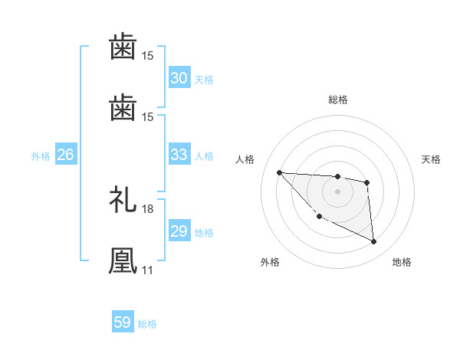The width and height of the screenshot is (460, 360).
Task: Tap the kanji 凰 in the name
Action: [x=123, y=260]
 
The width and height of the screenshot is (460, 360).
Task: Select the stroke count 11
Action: [x=146, y=270]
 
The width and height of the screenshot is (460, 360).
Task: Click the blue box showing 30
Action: [x=179, y=78]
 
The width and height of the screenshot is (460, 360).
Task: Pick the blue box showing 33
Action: [x=179, y=155]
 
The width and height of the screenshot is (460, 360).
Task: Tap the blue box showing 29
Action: [x=179, y=231]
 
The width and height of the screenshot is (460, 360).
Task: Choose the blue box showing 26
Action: [x=66, y=155]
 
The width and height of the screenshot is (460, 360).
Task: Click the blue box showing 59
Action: [x=123, y=322]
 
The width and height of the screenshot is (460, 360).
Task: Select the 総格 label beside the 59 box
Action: [x=148, y=324]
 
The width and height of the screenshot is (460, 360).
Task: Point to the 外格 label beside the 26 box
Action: [x=41, y=156]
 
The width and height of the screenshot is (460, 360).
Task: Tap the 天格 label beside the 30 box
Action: [x=204, y=80]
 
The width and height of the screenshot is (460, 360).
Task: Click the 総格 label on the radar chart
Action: [x=338, y=100]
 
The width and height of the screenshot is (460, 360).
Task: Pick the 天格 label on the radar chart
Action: [x=431, y=159]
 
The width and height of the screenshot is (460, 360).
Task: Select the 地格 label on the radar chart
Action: [x=402, y=262]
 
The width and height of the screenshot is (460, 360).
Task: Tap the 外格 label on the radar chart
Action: [x=270, y=262]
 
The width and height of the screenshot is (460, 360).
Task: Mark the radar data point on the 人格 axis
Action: [x=280, y=172]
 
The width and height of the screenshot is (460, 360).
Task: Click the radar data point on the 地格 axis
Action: [x=374, y=242]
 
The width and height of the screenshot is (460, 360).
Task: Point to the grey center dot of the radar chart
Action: [x=337, y=191]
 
